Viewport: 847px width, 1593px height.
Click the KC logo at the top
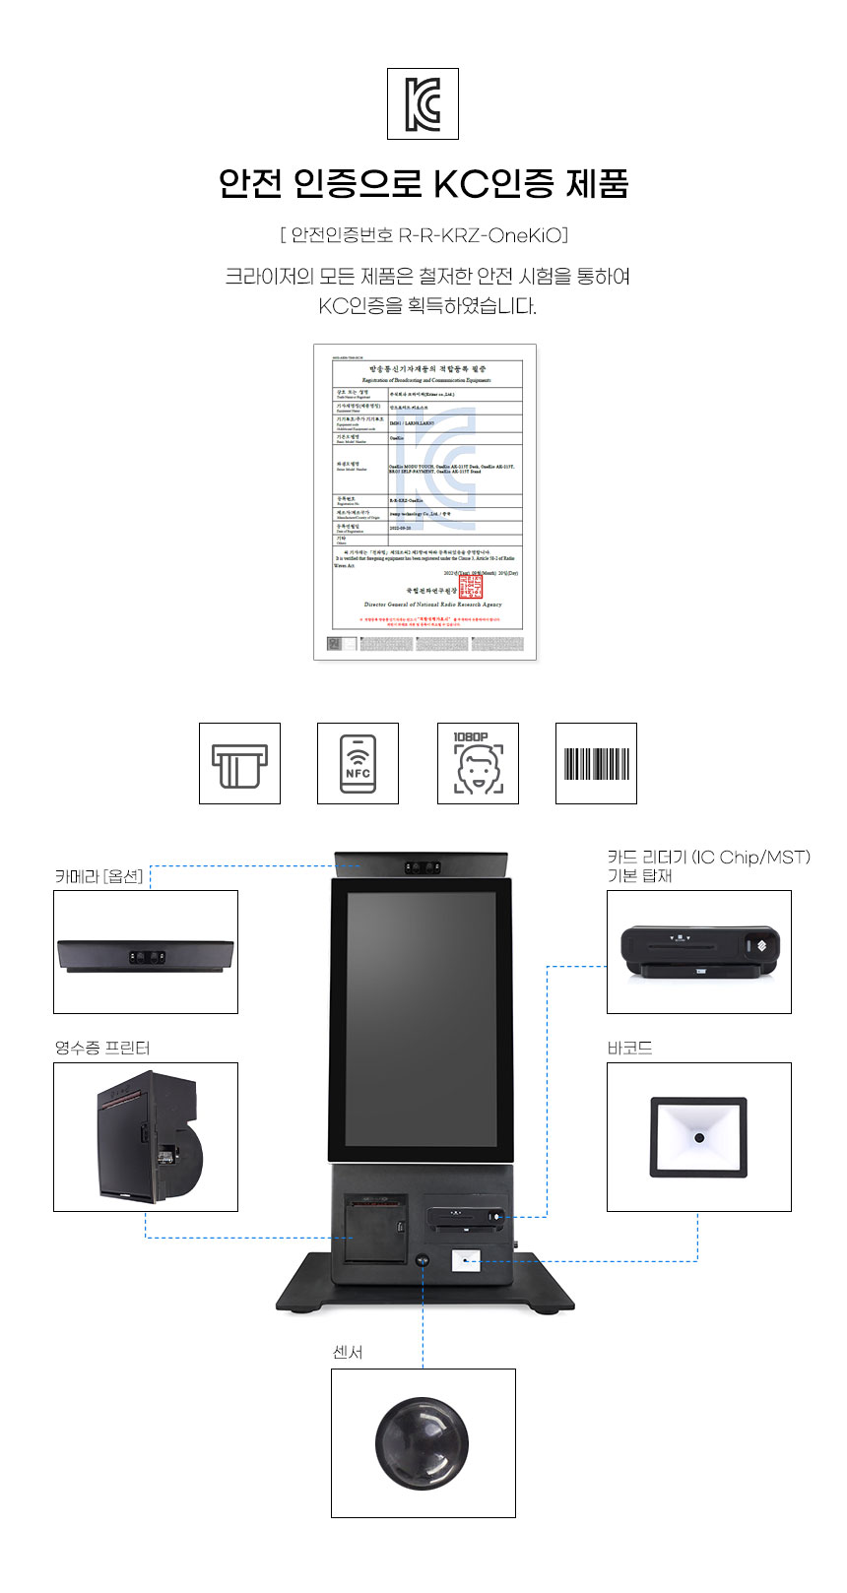(x=423, y=103)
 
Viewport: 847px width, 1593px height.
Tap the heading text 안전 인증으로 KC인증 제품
(x=423, y=183)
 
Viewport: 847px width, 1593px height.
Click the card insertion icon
(x=239, y=764)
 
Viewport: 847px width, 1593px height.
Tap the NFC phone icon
(x=358, y=764)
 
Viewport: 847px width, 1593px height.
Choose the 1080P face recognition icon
(x=478, y=764)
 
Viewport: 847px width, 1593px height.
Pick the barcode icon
(x=596, y=764)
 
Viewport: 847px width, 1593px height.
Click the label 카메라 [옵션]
(x=98, y=876)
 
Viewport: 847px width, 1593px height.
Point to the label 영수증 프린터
(x=102, y=1049)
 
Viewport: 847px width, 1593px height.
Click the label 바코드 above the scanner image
(x=630, y=1049)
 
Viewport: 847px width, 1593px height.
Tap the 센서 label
(x=348, y=1353)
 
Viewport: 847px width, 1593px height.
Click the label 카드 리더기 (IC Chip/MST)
(x=708, y=858)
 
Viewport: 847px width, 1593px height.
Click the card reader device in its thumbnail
(x=699, y=951)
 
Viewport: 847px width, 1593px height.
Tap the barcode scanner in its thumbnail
(x=698, y=1138)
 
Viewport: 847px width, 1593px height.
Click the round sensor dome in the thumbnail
(x=422, y=1442)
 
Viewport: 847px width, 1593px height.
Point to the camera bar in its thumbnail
(x=146, y=956)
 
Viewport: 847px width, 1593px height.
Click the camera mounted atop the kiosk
(x=421, y=866)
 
